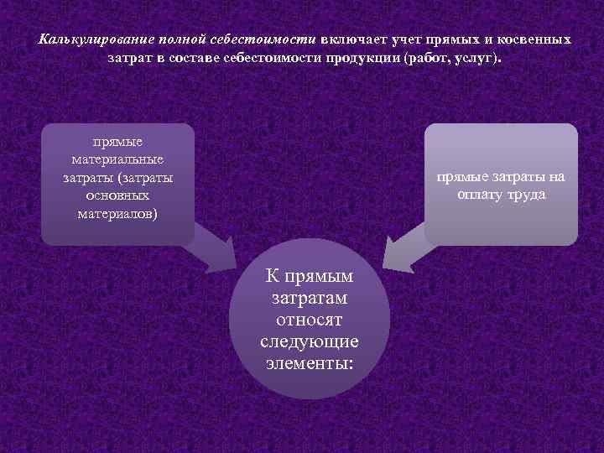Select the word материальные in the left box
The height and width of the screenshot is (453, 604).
click(x=117, y=159)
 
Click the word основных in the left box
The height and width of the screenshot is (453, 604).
click(x=117, y=195)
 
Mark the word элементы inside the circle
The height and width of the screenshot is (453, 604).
click(x=307, y=363)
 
